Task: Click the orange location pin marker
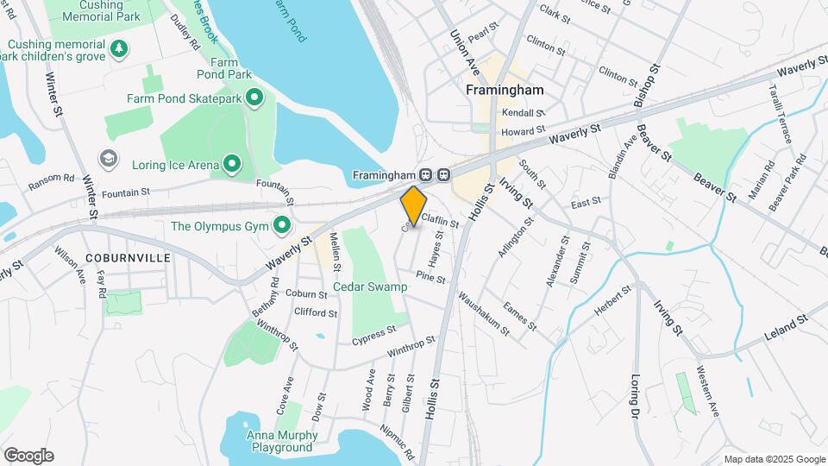414,206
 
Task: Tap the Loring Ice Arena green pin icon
231,163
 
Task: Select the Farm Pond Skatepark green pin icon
254,99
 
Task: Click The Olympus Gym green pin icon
282,227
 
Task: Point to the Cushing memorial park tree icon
118,49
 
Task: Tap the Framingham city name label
505,90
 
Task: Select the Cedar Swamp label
370,287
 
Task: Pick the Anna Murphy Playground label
279,441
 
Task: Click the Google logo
28,456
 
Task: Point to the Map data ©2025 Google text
775,459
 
